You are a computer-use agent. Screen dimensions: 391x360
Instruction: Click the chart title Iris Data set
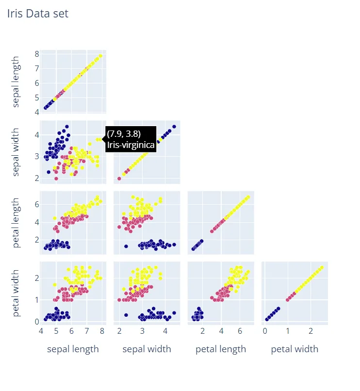click(38, 14)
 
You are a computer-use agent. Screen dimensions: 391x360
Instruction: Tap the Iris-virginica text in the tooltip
click(131, 145)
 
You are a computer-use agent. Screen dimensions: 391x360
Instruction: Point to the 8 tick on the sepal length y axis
click(36, 54)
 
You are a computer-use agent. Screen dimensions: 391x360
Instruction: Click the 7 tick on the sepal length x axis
click(86, 331)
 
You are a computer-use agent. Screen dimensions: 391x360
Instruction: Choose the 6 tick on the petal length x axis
click(240, 331)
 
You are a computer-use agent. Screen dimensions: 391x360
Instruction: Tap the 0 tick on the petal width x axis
click(265, 331)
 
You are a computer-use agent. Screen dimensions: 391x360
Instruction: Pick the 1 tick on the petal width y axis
click(36, 299)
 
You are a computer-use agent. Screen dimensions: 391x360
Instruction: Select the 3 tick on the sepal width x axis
click(142, 331)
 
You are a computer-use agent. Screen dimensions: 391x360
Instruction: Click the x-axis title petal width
click(295, 349)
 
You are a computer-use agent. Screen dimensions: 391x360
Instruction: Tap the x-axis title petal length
click(221, 349)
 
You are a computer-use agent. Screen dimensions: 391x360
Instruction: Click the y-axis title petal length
click(16, 223)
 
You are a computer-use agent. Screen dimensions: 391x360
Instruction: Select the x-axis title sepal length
click(73, 349)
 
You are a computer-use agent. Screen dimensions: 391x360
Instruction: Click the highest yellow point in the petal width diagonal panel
click(321, 267)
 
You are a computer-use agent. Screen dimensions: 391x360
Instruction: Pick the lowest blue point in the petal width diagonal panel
click(267, 319)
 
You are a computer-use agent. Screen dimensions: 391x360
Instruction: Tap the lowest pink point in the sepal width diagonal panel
click(119, 179)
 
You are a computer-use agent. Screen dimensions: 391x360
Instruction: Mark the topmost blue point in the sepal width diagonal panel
click(174, 127)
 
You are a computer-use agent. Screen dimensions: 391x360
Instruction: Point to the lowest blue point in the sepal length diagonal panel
click(46, 108)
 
